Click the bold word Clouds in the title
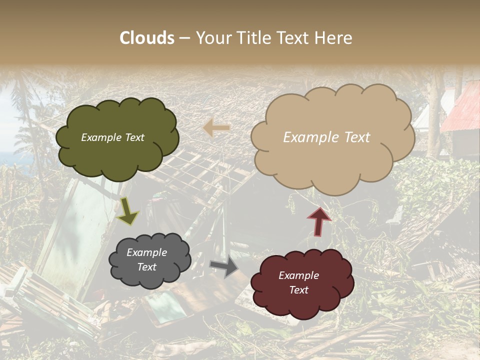click(x=147, y=38)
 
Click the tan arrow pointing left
click(x=216, y=128)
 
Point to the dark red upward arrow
click(x=318, y=220)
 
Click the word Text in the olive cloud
click(x=133, y=137)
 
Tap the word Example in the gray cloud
click(x=146, y=252)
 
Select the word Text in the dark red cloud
click(x=298, y=290)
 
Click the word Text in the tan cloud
click(x=356, y=137)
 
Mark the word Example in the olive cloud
click(x=101, y=137)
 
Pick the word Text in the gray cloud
click(x=146, y=267)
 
